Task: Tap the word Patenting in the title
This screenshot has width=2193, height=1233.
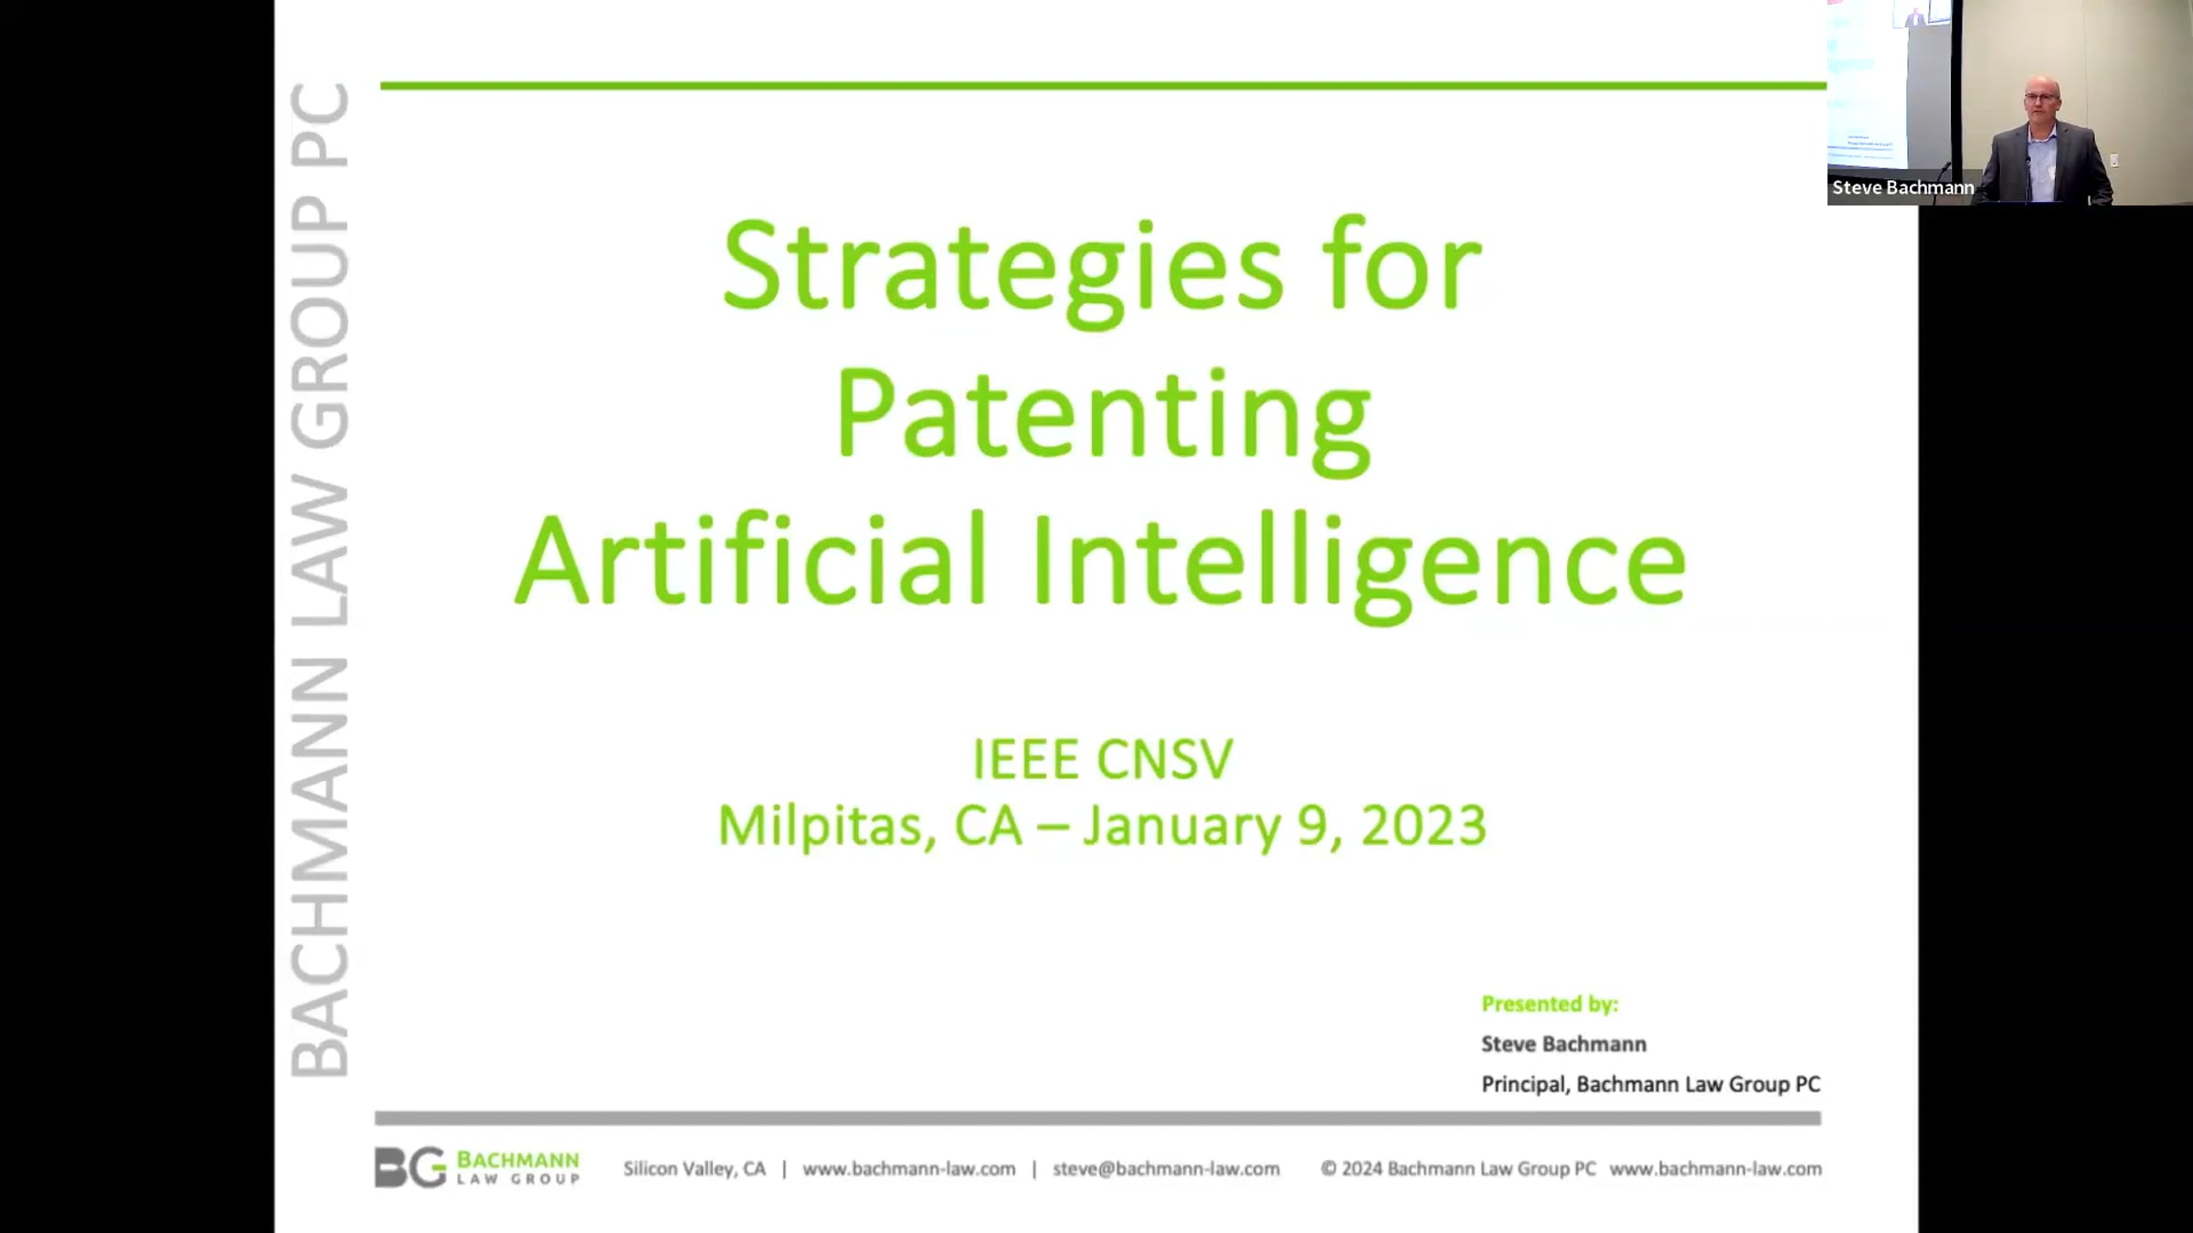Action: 1103,421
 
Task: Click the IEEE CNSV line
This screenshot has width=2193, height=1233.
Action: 1103,759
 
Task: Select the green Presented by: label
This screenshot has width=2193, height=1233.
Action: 1550,1004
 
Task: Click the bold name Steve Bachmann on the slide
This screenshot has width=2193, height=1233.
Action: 1563,1044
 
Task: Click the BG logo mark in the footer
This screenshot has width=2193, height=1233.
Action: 409,1168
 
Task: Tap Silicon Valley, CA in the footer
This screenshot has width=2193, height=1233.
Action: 694,1169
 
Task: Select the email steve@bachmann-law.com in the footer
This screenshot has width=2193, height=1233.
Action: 1166,1169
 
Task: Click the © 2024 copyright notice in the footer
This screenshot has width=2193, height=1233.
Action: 1458,1169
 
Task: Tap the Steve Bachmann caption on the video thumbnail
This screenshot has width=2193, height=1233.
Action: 1902,187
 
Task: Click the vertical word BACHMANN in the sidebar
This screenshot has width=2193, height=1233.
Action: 320,867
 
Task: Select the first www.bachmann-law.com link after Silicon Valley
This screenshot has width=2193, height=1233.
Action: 909,1169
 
